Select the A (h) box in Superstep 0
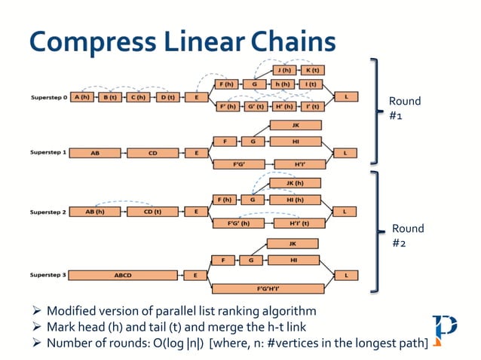click(81, 98)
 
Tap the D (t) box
click(166, 98)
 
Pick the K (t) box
click(311, 70)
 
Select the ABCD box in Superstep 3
click(123, 276)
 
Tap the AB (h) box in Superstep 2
click(94, 212)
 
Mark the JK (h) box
click(295, 183)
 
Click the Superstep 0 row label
click(47, 98)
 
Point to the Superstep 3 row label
click(47, 276)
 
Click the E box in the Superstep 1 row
click(196, 153)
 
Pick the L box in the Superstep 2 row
click(345, 212)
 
